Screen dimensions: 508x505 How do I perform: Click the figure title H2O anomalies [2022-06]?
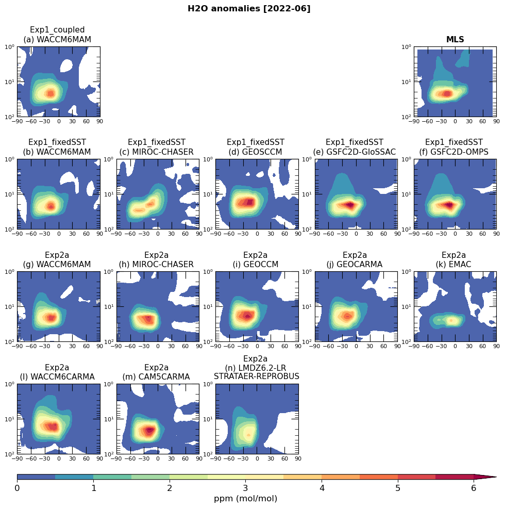click(x=249, y=9)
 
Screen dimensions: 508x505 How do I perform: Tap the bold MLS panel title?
click(x=455, y=40)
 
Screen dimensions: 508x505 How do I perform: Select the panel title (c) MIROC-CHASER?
click(x=157, y=152)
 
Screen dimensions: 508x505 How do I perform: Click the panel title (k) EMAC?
click(x=454, y=265)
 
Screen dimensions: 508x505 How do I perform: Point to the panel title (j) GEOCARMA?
click(x=355, y=265)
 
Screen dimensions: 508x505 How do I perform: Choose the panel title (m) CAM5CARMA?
click(x=156, y=377)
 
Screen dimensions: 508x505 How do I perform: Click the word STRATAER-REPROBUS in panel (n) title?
click(x=257, y=376)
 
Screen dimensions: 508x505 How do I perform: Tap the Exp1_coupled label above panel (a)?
click(x=57, y=30)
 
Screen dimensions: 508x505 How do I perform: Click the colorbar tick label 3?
click(x=245, y=488)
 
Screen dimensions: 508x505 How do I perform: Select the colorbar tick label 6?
click(x=474, y=488)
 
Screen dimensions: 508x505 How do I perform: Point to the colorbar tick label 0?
click(x=17, y=488)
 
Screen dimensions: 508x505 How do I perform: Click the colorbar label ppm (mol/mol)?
click(x=245, y=499)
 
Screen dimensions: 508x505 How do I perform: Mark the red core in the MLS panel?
click(x=446, y=93)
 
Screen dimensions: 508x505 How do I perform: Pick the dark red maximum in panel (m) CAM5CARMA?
click(x=149, y=430)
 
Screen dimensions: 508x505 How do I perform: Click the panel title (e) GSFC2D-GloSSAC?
click(x=355, y=152)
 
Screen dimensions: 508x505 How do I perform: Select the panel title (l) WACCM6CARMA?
click(x=57, y=377)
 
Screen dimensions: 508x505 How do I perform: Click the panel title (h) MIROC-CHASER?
click(x=156, y=265)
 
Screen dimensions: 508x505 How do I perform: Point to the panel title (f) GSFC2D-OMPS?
click(x=454, y=152)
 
